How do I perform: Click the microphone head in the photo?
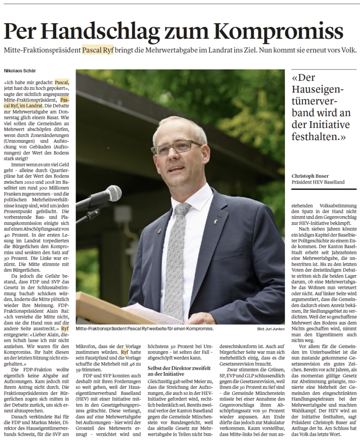click(x=113, y=193)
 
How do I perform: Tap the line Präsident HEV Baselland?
click(x=318, y=182)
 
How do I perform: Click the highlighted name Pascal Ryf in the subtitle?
click(x=99, y=50)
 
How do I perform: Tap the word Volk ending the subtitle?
click(x=347, y=50)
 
